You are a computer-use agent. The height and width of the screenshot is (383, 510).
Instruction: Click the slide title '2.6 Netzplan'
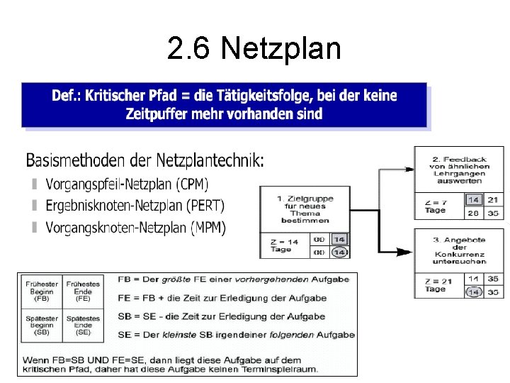click(254, 49)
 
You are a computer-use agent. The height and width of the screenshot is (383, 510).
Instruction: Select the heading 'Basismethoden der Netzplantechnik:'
click(144, 160)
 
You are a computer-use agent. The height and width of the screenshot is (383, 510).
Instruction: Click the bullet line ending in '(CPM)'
click(127, 184)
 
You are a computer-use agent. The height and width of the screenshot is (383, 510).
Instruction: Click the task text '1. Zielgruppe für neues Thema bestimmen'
click(305, 209)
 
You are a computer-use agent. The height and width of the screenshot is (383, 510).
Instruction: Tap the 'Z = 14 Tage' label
click(285, 245)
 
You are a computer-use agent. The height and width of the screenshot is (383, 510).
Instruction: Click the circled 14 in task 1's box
click(339, 252)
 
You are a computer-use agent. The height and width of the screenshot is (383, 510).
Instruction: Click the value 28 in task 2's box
click(474, 213)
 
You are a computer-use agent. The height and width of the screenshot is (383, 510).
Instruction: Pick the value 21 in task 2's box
click(493, 201)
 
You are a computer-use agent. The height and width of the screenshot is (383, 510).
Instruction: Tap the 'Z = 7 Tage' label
click(436, 206)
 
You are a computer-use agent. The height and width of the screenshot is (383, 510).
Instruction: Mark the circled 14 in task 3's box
click(474, 292)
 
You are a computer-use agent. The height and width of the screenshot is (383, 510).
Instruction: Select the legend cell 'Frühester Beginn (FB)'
click(40, 292)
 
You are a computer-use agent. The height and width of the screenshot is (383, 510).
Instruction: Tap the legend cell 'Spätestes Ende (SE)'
click(83, 326)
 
